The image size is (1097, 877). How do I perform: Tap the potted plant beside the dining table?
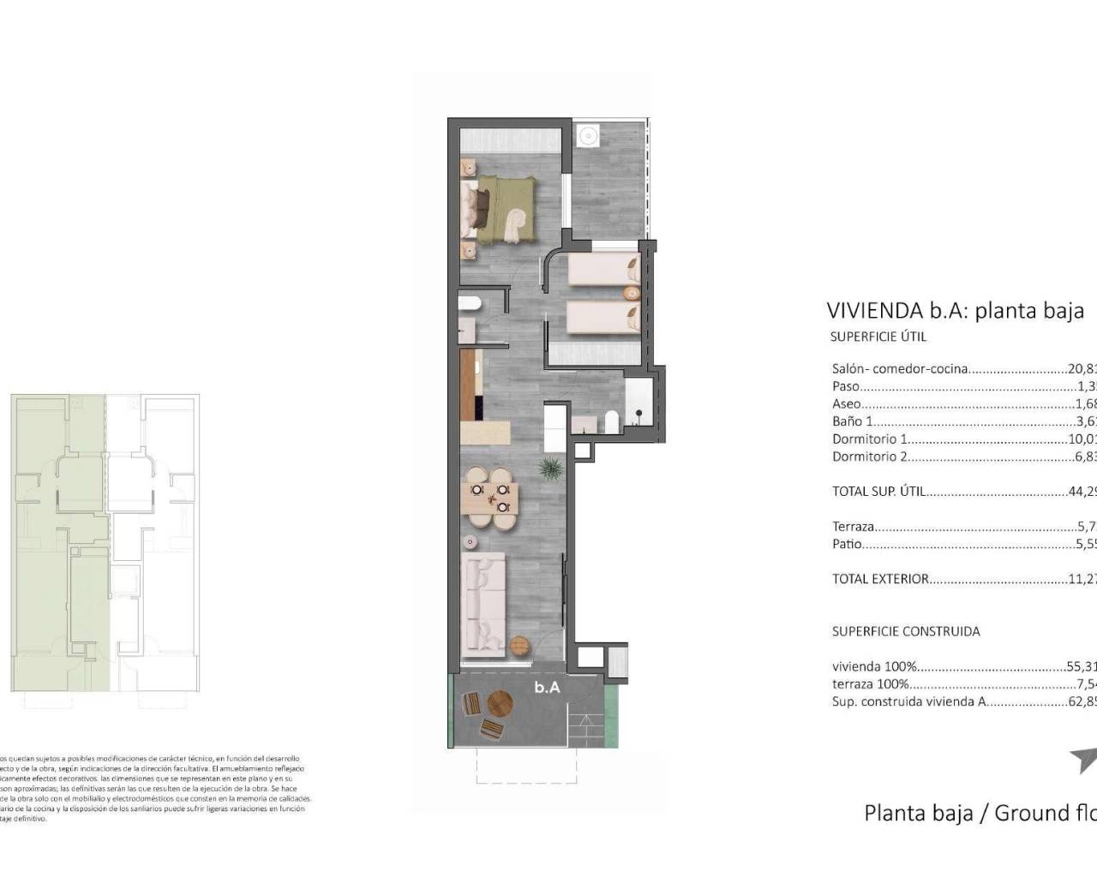coord(549,468)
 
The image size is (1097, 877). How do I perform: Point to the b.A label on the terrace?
coord(547,687)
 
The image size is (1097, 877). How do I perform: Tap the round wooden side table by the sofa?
coord(519,645)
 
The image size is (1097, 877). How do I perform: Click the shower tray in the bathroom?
coord(638,403)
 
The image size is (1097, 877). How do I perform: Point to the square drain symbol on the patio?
coord(588,135)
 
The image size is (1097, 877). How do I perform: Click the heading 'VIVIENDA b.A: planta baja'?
coord(955,310)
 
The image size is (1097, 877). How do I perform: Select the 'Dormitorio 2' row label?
coord(869,456)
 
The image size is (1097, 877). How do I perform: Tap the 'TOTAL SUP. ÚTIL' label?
coord(878,492)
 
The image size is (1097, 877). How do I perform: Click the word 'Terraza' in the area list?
coord(853,527)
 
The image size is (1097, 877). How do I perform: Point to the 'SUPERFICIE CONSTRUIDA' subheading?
coord(905,631)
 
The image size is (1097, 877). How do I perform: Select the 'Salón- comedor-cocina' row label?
coord(900,369)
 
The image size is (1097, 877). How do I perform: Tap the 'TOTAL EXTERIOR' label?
coord(880,579)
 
